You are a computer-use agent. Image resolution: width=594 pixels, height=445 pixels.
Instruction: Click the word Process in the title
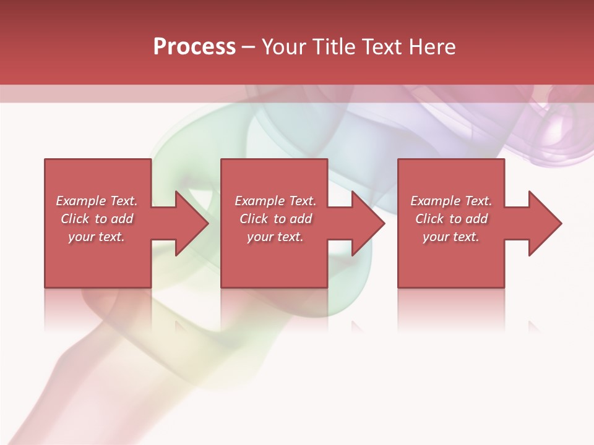194,47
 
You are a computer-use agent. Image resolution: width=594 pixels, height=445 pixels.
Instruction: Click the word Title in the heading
330,47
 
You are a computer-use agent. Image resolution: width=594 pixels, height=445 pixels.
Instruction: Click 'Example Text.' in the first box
97,201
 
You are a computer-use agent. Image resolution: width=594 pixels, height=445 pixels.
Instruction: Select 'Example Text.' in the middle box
275,201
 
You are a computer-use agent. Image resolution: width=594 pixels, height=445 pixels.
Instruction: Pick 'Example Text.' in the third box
451,201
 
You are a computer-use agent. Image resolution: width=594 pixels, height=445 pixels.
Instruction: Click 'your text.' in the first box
97,237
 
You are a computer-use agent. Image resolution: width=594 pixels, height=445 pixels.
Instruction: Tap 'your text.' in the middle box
275,237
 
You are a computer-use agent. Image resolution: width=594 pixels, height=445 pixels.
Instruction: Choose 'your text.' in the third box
451,237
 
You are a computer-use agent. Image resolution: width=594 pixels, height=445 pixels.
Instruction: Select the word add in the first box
122,219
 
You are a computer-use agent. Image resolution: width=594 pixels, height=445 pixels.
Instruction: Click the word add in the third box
476,219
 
